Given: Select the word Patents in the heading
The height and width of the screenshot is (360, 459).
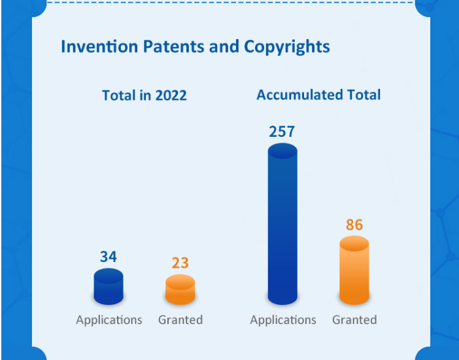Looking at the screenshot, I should [157, 47].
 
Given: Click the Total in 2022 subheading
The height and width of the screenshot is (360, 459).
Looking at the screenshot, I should [144, 96].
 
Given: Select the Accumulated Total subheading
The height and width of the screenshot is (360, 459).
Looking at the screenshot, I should [318, 95].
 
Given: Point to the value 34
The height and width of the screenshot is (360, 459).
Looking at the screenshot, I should [109, 257].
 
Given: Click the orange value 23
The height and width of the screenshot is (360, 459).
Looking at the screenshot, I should [180, 263].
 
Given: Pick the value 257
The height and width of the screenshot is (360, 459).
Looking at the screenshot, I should [282, 132].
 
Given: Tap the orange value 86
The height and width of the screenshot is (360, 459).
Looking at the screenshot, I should [354, 226].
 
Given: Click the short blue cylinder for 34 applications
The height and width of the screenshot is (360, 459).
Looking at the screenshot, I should [109, 287].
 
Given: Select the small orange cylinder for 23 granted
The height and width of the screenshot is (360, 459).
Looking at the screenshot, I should [180, 290].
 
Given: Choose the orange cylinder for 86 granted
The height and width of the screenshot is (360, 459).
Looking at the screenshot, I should [354, 271].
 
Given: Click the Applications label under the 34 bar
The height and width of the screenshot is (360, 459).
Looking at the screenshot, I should [109, 320].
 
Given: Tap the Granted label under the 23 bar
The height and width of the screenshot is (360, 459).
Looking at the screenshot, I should [180, 320].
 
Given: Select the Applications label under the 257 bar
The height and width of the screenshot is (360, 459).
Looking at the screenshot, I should [283, 320].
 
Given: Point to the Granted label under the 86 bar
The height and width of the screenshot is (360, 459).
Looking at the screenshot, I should [354, 320].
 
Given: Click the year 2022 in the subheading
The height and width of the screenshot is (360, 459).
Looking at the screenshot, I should [171, 96].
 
